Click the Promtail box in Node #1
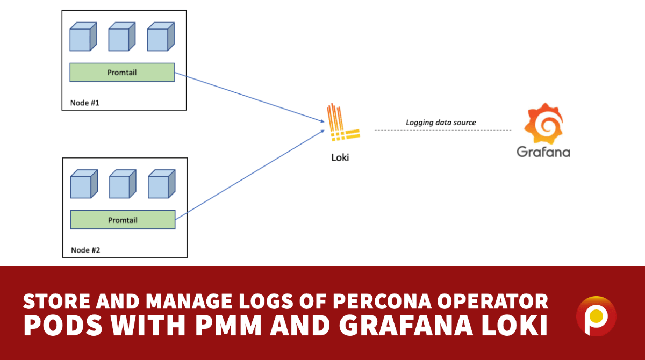pos(122,73)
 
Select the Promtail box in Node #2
pos(123,220)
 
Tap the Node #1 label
pos(85,103)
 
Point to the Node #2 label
pos(85,250)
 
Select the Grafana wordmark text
pos(543,152)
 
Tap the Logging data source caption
pos(440,122)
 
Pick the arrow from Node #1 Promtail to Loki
pos(247,97)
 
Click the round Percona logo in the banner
pos(596,316)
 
